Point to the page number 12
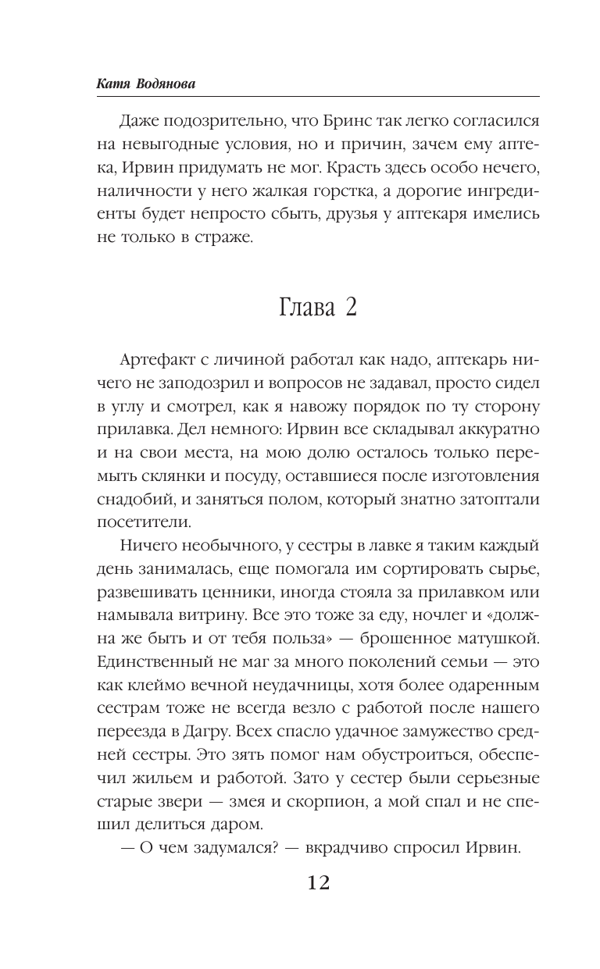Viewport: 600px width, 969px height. pos(310,884)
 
